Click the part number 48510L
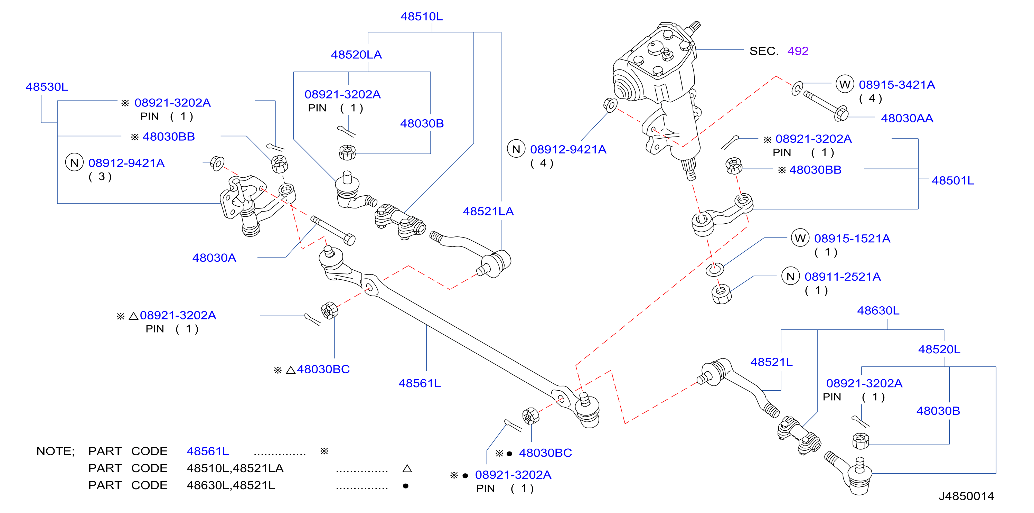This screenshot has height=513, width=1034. click(422, 17)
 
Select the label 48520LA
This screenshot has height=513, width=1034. click(356, 55)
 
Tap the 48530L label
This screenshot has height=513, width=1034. click(47, 87)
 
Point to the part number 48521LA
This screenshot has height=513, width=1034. click(488, 211)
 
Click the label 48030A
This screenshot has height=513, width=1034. click(214, 258)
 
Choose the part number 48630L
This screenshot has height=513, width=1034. click(878, 311)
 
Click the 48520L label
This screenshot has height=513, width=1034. click(939, 349)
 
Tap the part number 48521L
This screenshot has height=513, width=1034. click(771, 362)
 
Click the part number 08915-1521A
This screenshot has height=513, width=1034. click(852, 239)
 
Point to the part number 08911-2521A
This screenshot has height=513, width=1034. click(843, 277)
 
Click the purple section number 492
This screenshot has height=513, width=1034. click(798, 51)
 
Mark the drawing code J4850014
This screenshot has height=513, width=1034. click(966, 496)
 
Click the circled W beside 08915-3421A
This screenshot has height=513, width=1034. click(845, 84)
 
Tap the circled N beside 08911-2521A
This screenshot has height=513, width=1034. click(790, 276)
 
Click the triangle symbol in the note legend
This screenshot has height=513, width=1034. click(407, 468)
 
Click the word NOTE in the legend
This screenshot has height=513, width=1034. click(55, 451)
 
